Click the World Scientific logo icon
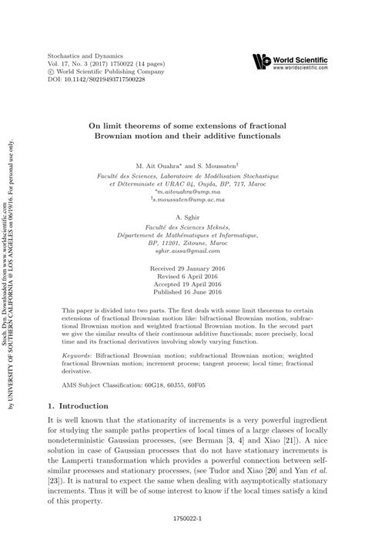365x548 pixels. point(263,61)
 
